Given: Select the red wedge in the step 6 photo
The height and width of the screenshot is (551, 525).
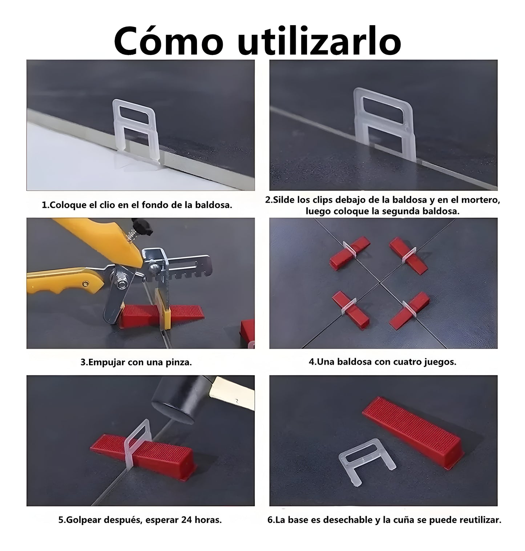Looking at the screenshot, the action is (412, 424).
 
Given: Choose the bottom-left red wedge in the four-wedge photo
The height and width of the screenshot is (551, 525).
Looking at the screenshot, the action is (350, 309).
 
